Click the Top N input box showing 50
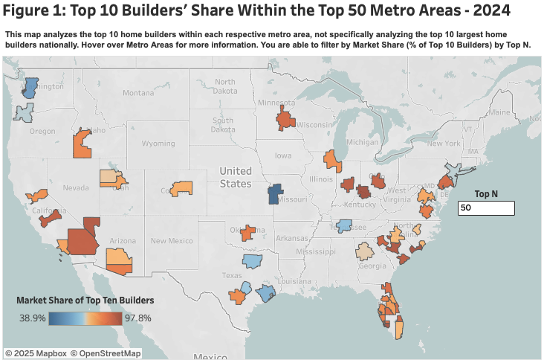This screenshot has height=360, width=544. [487, 208]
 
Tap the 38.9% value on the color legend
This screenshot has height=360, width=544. [33, 318]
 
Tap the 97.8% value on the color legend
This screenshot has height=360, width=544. [137, 318]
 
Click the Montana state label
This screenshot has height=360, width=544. [138, 93]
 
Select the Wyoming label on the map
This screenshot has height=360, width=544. [158, 143]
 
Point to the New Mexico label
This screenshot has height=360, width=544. [172, 240]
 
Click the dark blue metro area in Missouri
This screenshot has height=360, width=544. [274, 193]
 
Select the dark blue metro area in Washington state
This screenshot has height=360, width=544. [31, 88]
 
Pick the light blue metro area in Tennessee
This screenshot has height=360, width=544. [344, 225]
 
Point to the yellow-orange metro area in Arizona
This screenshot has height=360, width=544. [118, 260]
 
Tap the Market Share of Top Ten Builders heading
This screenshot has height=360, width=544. [85, 300]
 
